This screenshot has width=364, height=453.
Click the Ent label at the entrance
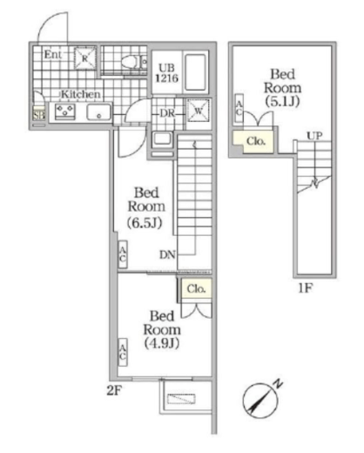click(52, 54)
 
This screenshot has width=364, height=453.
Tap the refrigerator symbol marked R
click(84, 57)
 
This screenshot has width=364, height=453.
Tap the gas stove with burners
click(64, 112)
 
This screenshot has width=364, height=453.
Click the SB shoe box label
click(37, 112)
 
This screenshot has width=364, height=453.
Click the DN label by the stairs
click(168, 255)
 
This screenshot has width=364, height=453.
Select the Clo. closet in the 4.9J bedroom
click(195, 287)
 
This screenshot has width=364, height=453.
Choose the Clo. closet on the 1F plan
click(255, 139)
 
